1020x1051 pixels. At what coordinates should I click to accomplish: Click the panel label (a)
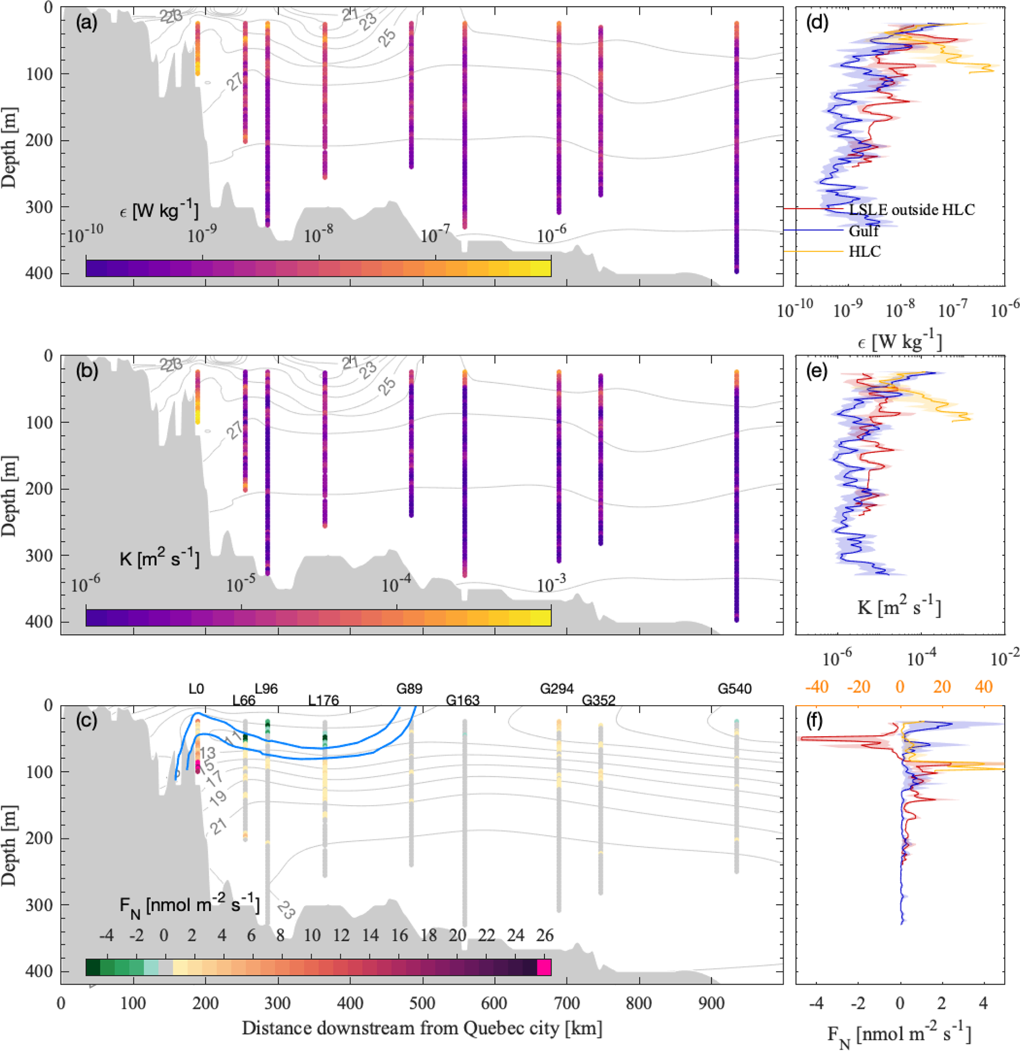[x=86, y=24]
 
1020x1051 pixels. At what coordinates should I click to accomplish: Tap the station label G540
[x=735, y=689]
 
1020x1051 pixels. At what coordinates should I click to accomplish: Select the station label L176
[x=324, y=700]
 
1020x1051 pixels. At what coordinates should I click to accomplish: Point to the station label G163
[x=462, y=700]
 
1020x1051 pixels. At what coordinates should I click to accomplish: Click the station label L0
[x=196, y=689]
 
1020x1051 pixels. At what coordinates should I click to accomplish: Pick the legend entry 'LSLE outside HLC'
[x=911, y=210]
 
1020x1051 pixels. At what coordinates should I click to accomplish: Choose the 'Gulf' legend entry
[x=864, y=231]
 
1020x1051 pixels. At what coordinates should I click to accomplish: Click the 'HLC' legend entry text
[x=865, y=252]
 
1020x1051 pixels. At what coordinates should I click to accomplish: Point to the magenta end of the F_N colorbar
[x=544, y=967]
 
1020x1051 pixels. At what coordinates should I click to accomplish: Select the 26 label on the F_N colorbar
[x=545, y=936]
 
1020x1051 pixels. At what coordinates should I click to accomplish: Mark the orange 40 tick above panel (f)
[x=983, y=687]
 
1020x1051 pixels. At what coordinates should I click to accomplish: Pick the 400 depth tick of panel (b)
[x=40, y=622]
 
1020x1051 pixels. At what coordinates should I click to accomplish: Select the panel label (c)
[x=86, y=721]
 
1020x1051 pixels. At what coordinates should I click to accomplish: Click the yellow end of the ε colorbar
[x=541, y=268]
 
